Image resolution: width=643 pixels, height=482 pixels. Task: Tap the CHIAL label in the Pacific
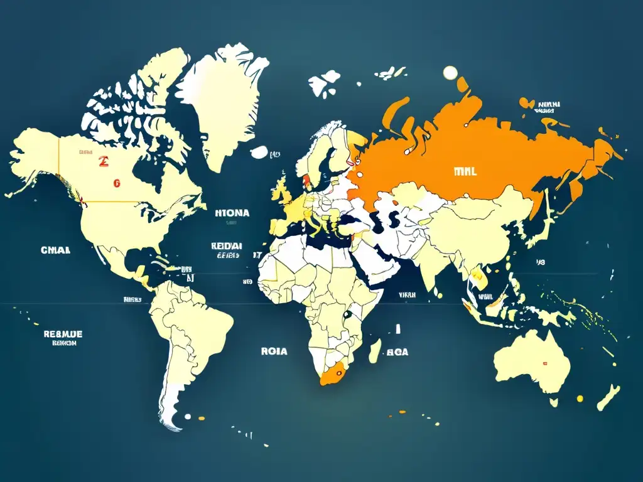(x=56, y=250)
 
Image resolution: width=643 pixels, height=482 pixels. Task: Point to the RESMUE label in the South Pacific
(x=63, y=334)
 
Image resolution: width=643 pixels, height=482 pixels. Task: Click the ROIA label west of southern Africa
(x=274, y=351)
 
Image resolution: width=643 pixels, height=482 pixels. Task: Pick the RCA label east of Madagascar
(x=397, y=352)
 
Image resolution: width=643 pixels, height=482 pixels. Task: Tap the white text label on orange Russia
(x=464, y=171)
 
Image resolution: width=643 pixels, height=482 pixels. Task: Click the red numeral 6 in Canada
(x=116, y=183)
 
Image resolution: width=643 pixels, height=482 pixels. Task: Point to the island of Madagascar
(x=375, y=350)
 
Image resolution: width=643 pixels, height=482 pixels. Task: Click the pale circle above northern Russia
(x=450, y=73)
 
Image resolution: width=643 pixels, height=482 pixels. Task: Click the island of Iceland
(x=259, y=152)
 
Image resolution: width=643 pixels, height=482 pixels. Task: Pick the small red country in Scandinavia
(x=307, y=181)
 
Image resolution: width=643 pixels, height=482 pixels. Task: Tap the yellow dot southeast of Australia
(x=580, y=397)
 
